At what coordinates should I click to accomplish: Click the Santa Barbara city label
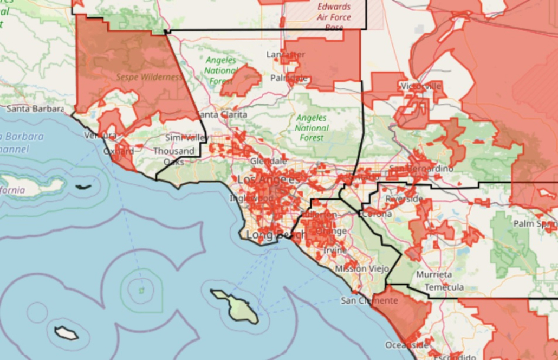tap(35, 108)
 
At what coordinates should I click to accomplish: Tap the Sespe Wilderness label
tap(149, 77)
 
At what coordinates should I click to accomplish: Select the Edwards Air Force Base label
tap(334, 17)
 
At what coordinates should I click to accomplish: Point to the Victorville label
tap(421, 86)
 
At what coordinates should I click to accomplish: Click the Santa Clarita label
tap(223, 115)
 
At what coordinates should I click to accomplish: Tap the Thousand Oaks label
tap(174, 156)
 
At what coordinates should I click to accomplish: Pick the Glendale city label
tap(268, 161)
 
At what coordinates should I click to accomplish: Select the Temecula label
tap(444, 287)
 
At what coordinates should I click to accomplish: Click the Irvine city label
tap(335, 250)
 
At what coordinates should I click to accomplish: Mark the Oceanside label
tap(407, 345)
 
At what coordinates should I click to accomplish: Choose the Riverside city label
tap(404, 199)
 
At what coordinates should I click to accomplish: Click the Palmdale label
tap(289, 78)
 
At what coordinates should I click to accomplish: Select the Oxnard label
tap(118, 151)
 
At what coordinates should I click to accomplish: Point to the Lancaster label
tap(286, 55)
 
